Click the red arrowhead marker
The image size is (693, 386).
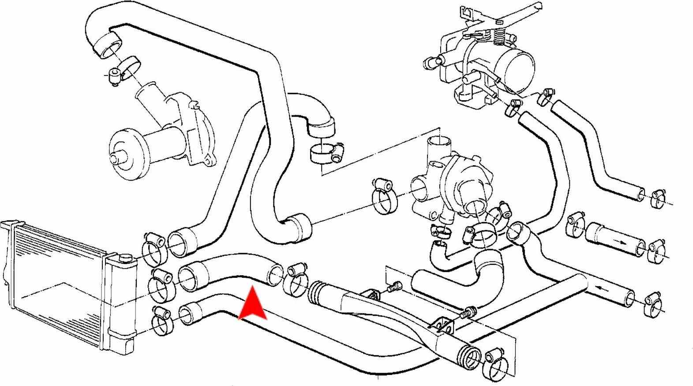252,305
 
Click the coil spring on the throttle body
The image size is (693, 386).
499,34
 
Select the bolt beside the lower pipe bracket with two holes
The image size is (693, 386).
467,314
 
